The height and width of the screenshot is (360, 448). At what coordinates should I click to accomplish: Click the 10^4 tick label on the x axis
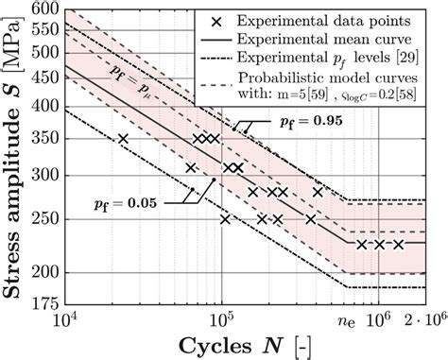66,321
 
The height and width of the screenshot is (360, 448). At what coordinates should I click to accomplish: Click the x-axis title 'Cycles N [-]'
252,345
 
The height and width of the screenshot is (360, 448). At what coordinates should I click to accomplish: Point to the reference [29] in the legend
419,60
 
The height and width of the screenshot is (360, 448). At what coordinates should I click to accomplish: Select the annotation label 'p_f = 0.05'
126,200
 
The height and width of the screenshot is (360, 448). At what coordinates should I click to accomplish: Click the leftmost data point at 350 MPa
123,139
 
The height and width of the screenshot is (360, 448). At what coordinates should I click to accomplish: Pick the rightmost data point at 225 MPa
399,244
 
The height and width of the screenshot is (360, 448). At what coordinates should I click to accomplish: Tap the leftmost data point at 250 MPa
225,219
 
